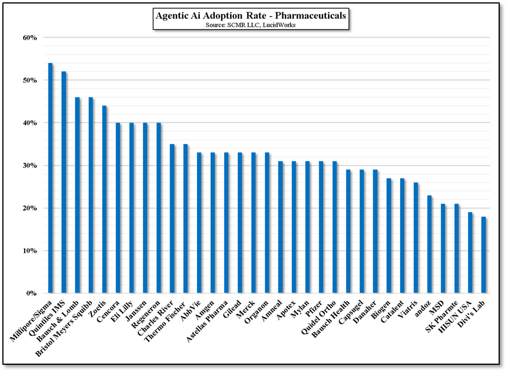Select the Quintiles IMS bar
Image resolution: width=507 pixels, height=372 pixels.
64,182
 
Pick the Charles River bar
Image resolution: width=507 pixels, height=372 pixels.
172,218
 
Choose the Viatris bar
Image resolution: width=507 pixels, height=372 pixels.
416,238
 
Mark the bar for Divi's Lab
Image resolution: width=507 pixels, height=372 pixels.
484,255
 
